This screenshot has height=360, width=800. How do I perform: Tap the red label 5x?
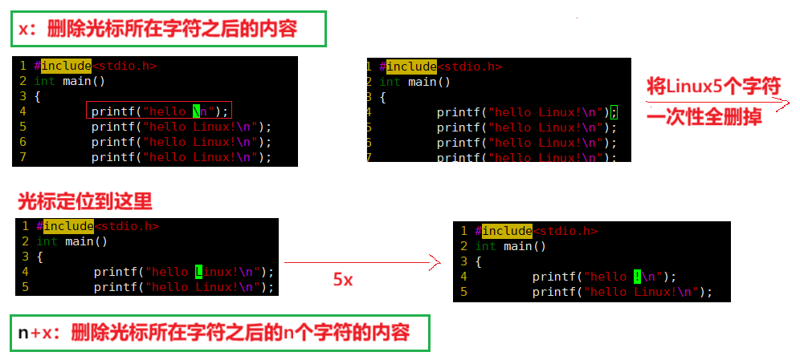click(x=343, y=281)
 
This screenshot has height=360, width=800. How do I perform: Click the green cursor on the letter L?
click(x=199, y=272)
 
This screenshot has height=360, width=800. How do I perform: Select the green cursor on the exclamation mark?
click(x=637, y=277)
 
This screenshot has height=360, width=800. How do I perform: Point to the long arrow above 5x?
click(x=361, y=262)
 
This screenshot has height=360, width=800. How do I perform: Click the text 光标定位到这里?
click(x=84, y=200)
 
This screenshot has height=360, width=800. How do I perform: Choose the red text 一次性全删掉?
click(x=704, y=116)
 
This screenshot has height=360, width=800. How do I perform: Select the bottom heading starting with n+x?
click(x=214, y=333)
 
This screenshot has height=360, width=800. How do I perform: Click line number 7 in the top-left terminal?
click(x=24, y=156)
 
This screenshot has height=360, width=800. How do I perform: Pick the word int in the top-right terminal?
click(x=390, y=82)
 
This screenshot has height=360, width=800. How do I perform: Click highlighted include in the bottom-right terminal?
click(x=507, y=231)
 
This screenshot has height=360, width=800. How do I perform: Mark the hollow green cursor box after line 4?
click(x=614, y=112)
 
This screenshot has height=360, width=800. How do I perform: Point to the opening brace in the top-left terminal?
click(x=37, y=96)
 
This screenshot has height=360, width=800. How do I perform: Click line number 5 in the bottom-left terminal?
click(x=26, y=287)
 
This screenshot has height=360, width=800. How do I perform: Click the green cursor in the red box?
click(x=197, y=112)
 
